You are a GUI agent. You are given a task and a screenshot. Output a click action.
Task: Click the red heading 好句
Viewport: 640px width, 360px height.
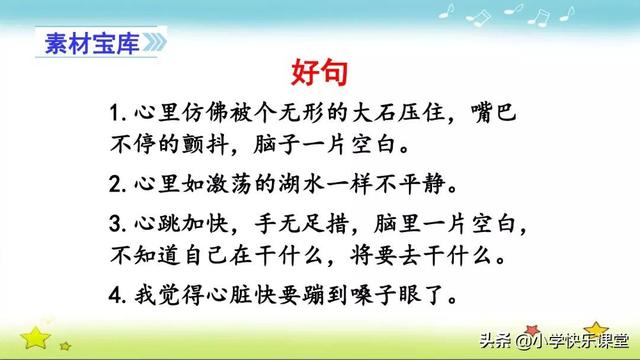point(319,72)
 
